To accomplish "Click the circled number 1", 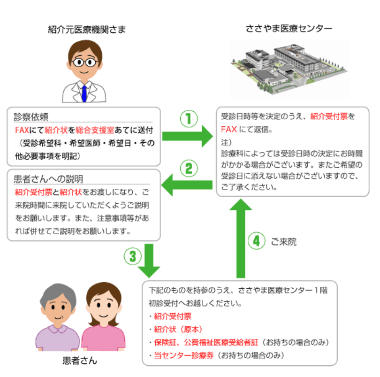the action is point(189,119).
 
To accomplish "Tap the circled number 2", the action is point(189,169).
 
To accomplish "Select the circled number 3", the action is point(133,256).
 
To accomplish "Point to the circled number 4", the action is point(257,241).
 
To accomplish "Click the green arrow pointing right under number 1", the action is point(187,136).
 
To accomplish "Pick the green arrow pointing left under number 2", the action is point(187,185).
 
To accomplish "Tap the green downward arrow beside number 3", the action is point(149,261).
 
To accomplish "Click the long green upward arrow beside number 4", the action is point(241,238).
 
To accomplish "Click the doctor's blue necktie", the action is point(84,93).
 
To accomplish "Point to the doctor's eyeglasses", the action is point(84,62).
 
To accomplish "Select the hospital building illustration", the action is point(289,69).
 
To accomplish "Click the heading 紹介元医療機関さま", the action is point(87,30).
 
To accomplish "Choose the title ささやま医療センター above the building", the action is point(289,29).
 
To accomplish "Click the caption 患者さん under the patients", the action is point(80,361).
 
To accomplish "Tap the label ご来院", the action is point(283,242).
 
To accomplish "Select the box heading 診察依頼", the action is point(31,117).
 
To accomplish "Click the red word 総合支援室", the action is point(95,130).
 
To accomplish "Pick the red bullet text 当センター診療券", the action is point(184,355).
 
